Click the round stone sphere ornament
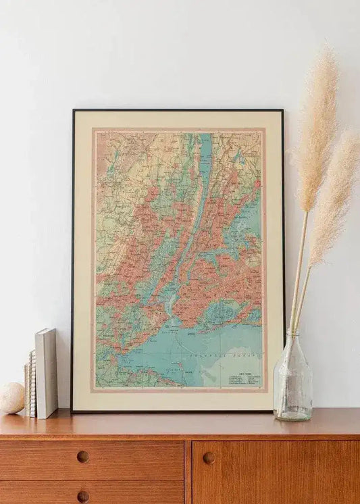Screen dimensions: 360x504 pyautogui.click(x=11, y=397)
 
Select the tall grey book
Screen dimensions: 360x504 pyautogui.click(x=46, y=373)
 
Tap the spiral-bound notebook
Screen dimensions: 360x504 pyautogui.click(x=32, y=383)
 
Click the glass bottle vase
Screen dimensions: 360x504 pyautogui.click(x=292, y=382)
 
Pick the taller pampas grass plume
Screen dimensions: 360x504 pyautogui.click(x=317, y=128)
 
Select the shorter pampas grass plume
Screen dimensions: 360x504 pyautogui.click(x=334, y=196)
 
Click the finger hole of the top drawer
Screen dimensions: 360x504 pyautogui.click(x=82, y=457)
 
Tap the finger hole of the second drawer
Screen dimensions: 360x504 pyautogui.click(x=82, y=497)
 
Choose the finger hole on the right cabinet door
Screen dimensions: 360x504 pyautogui.click(x=209, y=457)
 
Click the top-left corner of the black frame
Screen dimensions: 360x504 pyautogui.click(x=73, y=111)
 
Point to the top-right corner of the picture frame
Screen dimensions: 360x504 pyautogui.click(x=282, y=111)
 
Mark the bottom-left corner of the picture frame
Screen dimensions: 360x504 pyautogui.click(x=72, y=411)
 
